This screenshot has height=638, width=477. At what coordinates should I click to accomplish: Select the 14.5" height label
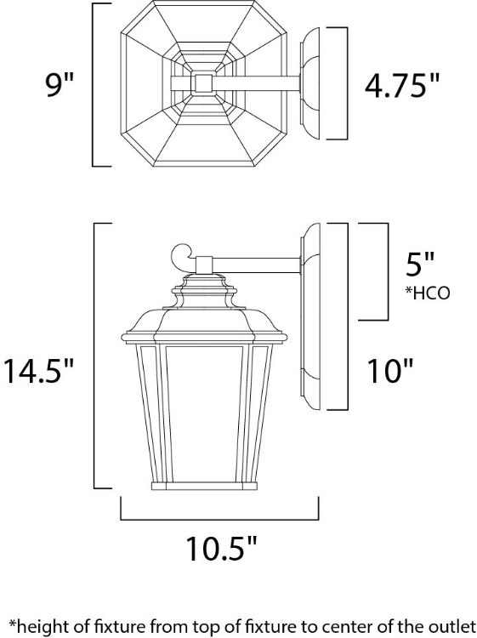pyautogui.click(x=38, y=372)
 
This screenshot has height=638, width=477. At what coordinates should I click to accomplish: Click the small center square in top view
pyautogui.click(x=202, y=83)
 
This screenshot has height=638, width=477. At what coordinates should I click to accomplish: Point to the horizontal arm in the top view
pyautogui.click(x=255, y=83)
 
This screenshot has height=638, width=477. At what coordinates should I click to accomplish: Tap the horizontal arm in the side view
pyautogui.click(x=255, y=265)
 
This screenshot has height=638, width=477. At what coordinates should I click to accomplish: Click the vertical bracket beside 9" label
pyautogui.click(x=94, y=84)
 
